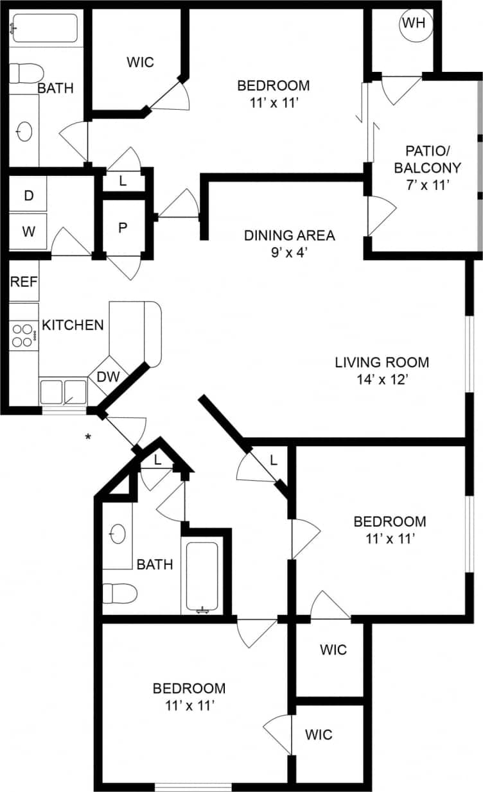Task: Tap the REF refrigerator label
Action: [24, 281]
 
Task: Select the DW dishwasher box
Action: [109, 377]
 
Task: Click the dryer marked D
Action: [28, 196]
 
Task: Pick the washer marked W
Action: [28, 232]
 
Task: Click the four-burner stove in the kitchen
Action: [24, 334]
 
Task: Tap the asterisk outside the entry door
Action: [87, 438]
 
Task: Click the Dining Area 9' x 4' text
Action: [289, 243]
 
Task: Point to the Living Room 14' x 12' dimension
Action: [382, 379]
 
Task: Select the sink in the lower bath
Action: [118, 534]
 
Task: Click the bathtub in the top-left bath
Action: [45, 28]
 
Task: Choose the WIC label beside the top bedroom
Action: [140, 62]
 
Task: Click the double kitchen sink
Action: [63, 390]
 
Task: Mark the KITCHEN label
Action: [73, 325]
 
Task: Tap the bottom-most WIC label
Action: [319, 734]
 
